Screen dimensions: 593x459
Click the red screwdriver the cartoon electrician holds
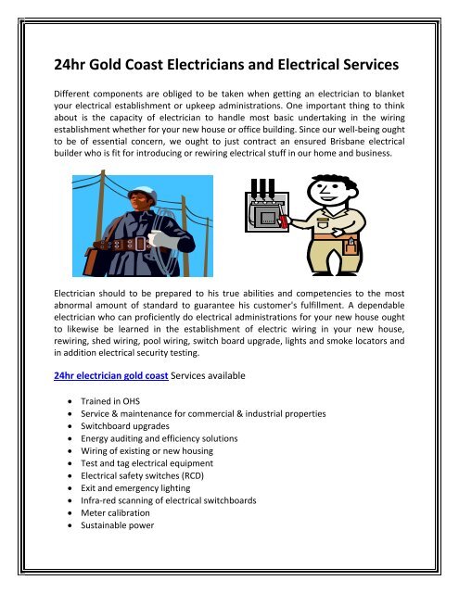coord(300,221)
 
